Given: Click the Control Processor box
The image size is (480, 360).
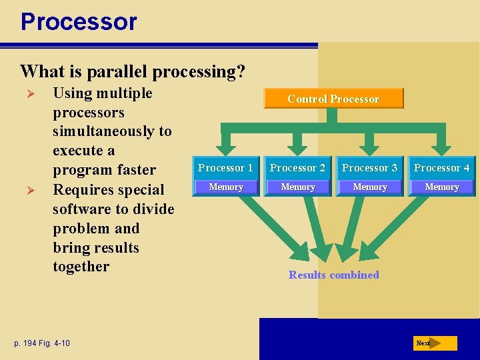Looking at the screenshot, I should pos(333,99).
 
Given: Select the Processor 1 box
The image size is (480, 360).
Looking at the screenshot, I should pos(225,168).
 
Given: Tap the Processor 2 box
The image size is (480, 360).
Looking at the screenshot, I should pos(297,168).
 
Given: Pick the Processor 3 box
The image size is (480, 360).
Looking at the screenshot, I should pos(369,168).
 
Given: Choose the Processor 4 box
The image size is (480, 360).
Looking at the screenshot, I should pos(441,168).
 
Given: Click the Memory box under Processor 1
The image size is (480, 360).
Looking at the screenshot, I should pos(225,187).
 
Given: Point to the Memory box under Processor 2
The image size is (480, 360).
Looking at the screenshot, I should pos(297,187).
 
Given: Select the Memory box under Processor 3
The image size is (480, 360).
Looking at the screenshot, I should pos(369,187).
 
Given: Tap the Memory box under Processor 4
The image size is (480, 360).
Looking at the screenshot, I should pos(441,187).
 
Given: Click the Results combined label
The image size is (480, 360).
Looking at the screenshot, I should pos(333,275).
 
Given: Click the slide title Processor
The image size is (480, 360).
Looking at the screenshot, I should pos(79,22).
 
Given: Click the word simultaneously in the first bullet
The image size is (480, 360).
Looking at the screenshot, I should pos(112,131).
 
